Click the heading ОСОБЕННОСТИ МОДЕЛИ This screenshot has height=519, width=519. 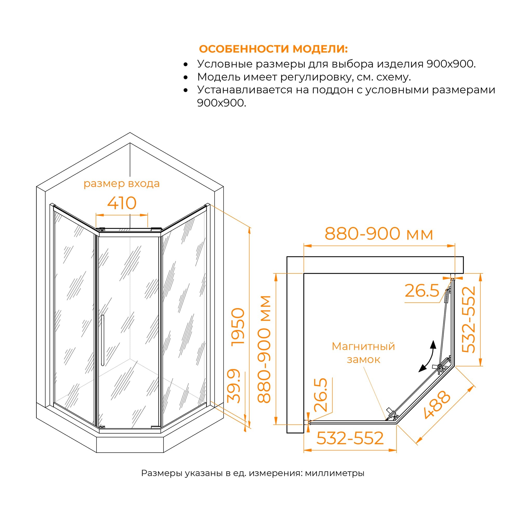(x=273, y=49)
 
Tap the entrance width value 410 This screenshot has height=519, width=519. (x=122, y=203)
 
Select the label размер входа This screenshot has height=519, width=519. (x=121, y=184)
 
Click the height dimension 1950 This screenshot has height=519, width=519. (x=238, y=326)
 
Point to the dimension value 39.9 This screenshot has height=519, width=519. (x=234, y=386)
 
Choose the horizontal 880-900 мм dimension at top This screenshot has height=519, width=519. (x=379, y=234)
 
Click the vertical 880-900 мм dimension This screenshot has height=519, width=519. (x=264, y=349)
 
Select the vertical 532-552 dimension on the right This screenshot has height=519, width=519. (x=469, y=319)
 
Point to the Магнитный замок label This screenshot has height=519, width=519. (x=363, y=353)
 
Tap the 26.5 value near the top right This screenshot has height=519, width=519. (x=422, y=291)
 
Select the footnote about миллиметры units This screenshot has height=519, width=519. (x=252, y=473)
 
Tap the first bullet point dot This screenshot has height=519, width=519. (x=185, y=64)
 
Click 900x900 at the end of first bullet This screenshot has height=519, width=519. (x=451, y=64)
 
